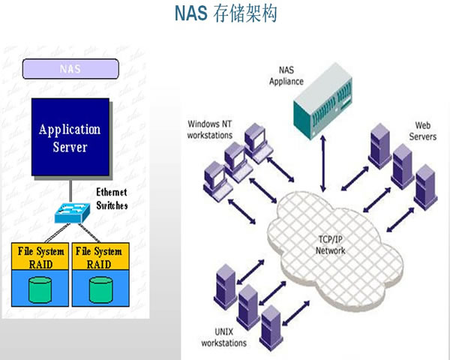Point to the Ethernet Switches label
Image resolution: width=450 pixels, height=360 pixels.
(x=112, y=199)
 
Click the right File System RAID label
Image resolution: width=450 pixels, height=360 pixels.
(x=99, y=256)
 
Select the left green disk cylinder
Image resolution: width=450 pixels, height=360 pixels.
(x=41, y=289)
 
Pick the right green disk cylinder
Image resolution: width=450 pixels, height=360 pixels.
(x=99, y=289)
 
